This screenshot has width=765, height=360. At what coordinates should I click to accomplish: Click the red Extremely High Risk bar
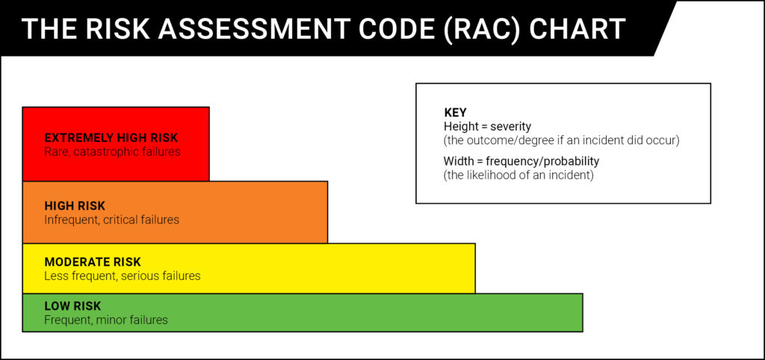click(116, 144)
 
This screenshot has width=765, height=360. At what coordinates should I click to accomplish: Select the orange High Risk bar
click(175, 212)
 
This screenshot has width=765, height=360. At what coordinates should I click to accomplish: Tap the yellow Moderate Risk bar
click(249, 268)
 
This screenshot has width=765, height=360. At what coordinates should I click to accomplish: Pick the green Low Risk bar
click(303, 313)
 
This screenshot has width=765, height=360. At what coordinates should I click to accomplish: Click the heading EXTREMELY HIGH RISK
click(111, 137)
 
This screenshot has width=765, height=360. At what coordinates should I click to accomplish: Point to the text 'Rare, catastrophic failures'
click(112, 152)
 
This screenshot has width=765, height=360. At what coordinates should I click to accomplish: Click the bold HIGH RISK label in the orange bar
click(75, 205)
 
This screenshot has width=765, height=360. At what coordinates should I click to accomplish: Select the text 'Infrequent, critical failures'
click(112, 220)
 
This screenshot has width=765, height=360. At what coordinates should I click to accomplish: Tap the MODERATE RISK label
click(93, 262)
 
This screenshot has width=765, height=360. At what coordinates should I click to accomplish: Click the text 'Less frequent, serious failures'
click(123, 276)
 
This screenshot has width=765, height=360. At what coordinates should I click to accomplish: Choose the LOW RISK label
click(72, 306)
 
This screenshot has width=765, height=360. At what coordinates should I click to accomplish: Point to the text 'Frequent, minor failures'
click(106, 320)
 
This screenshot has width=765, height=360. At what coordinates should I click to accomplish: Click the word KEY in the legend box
click(455, 113)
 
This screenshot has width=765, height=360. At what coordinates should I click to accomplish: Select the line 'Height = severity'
click(487, 126)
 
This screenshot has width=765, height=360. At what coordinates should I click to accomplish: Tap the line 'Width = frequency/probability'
click(521, 161)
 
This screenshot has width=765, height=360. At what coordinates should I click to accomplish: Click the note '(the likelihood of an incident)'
click(518, 175)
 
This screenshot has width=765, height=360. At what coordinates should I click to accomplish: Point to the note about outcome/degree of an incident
click(562, 140)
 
